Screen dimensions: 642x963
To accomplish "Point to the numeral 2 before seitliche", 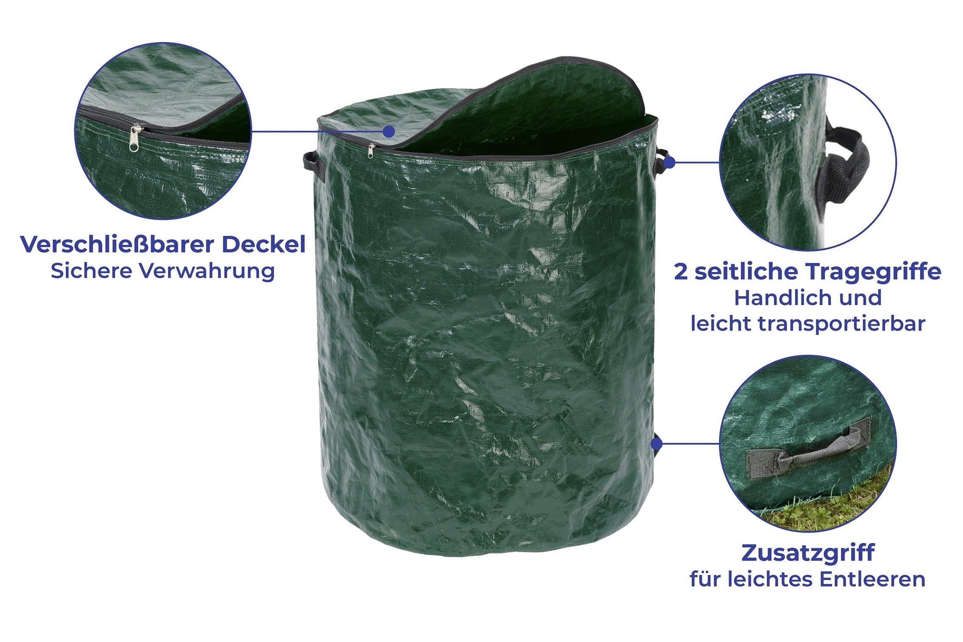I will pos(680,272).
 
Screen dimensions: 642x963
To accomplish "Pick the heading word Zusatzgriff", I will pos(808,553).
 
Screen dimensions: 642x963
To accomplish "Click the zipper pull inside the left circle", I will pos(134,138).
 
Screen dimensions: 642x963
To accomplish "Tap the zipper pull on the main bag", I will pos(371,151).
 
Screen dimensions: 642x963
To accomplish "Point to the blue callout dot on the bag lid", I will pos(389,131).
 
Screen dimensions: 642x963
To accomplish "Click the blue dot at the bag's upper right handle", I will pos(670,162).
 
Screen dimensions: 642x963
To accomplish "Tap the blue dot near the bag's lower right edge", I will pos(656,444).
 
